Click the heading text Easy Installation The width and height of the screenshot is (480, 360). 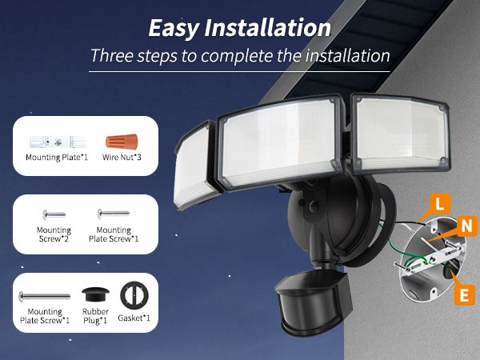(239, 28)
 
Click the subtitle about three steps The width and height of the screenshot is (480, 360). (240, 56)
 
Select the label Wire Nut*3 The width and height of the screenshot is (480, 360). (121, 158)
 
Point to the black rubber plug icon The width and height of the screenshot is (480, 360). (96, 293)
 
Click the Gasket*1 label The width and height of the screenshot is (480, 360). (133, 318)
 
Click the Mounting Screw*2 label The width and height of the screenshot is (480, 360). (54, 235)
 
